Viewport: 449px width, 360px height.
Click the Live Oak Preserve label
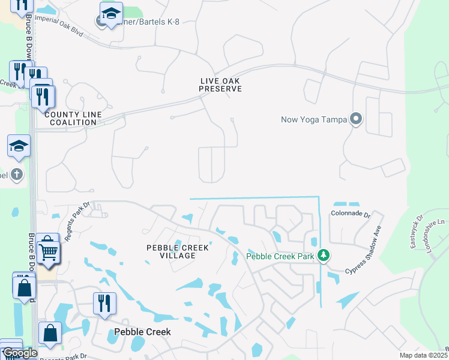[221, 85]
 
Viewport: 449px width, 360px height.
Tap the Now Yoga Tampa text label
[314, 119]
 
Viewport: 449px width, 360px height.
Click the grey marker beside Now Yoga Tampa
[356, 119]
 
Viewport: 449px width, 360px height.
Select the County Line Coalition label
[70, 118]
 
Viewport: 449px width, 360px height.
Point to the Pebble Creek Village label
[178, 251]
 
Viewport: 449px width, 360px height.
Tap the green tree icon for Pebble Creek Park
[324, 256]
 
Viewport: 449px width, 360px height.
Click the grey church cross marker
[17, 175]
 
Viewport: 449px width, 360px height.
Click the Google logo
[20, 353]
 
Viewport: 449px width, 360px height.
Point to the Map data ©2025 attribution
[424, 355]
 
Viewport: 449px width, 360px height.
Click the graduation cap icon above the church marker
[19, 146]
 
